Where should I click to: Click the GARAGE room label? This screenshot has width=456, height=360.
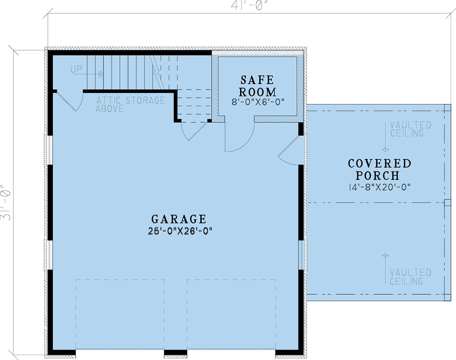(x=179, y=219)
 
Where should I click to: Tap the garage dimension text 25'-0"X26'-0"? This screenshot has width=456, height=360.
(x=179, y=231)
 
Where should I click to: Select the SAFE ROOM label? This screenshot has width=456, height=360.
(x=258, y=86)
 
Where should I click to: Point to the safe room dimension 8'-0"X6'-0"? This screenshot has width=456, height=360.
(x=258, y=101)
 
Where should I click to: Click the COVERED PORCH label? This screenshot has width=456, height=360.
(x=380, y=169)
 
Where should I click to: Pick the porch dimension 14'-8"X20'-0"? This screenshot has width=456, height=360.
(x=380, y=187)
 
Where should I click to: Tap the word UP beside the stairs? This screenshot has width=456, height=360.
(x=76, y=69)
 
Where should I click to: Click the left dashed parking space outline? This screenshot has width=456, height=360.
(x=120, y=315)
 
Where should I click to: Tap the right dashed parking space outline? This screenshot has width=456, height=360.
(x=231, y=315)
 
